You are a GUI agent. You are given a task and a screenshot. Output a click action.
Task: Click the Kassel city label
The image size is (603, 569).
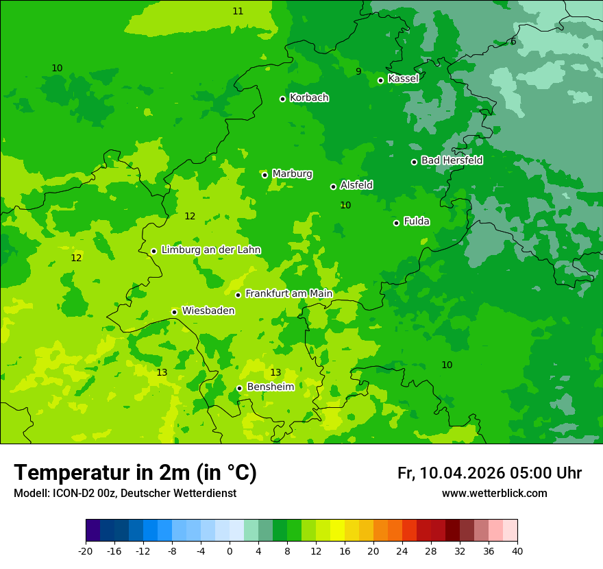point(403,79)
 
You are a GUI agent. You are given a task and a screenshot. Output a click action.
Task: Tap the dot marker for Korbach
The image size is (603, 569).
point(282,99)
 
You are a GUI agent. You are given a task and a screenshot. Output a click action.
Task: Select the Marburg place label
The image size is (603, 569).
point(292,174)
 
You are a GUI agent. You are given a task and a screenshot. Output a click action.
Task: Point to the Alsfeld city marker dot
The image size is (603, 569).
point(333,186)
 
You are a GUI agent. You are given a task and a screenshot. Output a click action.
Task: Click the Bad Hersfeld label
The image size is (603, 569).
point(452,160)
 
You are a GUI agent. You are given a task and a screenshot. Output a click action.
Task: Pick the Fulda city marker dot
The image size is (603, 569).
point(396,223)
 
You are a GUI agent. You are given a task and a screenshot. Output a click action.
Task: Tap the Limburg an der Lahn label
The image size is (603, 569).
point(210,250)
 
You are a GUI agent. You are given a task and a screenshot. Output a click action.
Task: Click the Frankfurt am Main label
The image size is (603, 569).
point(288,294)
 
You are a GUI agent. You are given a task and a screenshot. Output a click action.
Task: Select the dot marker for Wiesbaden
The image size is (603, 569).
point(174,312)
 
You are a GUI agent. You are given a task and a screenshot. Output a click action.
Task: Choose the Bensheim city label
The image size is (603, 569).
point(270,387)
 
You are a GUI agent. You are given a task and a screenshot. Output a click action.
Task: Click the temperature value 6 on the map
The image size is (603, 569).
point(513,42)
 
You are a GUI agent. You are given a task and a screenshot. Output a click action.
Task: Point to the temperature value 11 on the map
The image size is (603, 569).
point(238,11)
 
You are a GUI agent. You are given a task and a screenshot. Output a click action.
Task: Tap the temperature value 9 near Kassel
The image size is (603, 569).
point(358,71)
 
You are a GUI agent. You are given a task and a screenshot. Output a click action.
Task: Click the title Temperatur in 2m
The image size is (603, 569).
point(135,472)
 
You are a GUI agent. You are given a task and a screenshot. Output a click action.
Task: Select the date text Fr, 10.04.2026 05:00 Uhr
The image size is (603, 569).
point(489,473)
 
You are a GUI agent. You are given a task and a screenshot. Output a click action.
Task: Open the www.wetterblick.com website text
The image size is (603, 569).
point(494,494)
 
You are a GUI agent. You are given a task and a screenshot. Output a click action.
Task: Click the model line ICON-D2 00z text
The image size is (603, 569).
point(125,494)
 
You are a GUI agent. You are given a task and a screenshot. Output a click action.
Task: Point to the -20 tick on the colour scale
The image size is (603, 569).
point(86,550)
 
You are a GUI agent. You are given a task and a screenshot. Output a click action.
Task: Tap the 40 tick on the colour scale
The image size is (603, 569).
point(517,550)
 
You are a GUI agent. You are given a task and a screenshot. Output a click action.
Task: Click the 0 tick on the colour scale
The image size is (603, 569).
point(230,550)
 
